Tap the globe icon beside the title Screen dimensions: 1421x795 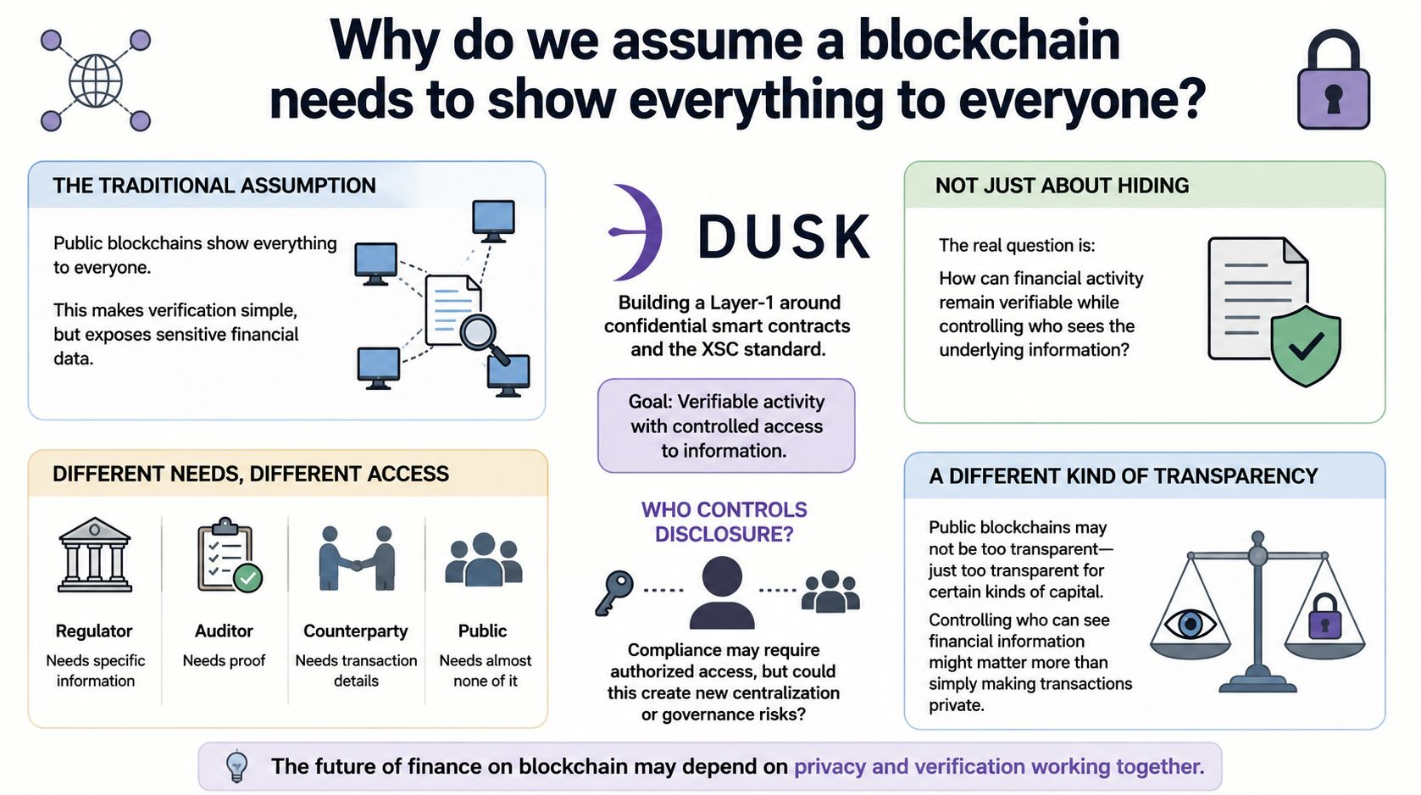click(x=95, y=81)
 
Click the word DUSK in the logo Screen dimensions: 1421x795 click(x=784, y=236)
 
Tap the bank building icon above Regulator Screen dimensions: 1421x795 click(x=95, y=554)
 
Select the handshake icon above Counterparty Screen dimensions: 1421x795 click(x=357, y=559)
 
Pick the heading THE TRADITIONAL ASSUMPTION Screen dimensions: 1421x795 click(x=214, y=186)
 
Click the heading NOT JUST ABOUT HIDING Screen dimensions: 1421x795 click(x=1062, y=186)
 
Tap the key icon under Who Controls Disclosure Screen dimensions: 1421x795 click(x=613, y=592)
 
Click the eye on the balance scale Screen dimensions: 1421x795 click(x=1190, y=625)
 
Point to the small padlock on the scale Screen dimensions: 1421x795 click(x=1324, y=617)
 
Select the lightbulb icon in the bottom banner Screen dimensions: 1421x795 click(x=237, y=766)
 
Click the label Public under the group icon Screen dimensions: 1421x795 click(x=483, y=631)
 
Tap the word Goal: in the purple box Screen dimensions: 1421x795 click(x=650, y=402)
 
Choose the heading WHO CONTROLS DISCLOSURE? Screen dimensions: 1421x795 click(x=724, y=521)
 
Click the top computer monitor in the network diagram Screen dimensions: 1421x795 click(x=493, y=221)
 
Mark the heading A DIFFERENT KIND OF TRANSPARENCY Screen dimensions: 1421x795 click(x=1124, y=475)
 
